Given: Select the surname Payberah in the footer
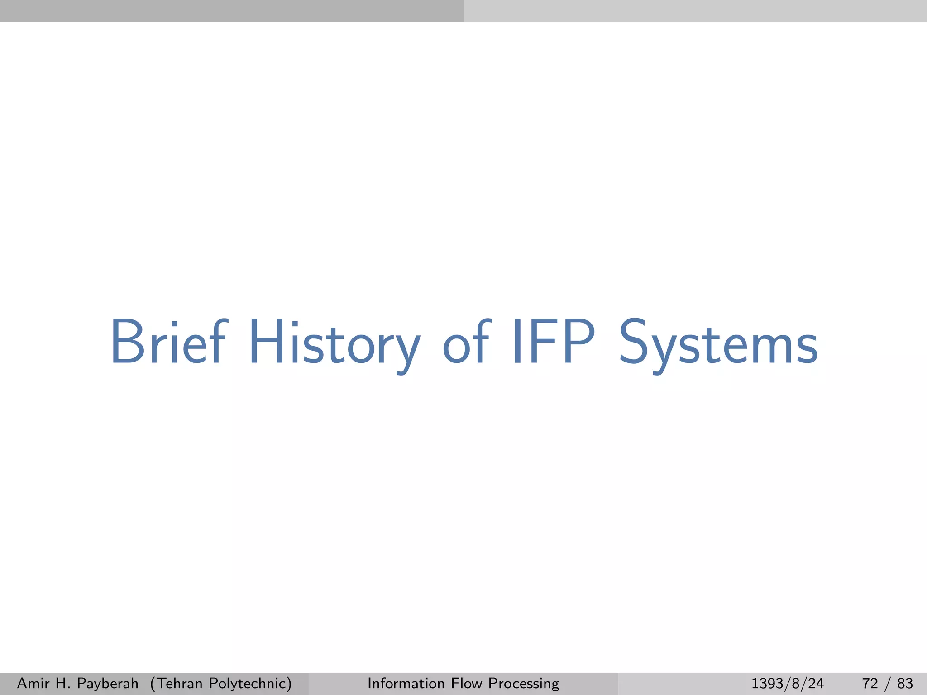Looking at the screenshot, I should click(x=107, y=684).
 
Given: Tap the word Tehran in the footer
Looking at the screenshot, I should click(x=178, y=683).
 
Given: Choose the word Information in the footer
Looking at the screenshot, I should click(x=406, y=683).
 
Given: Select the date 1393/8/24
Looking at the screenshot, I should click(x=787, y=683).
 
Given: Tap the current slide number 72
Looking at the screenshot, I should click(x=870, y=683).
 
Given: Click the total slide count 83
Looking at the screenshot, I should click(x=905, y=683).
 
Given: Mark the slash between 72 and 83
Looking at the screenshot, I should click(x=888, y=683).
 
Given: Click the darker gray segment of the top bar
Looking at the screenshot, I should click(x=232, y=11).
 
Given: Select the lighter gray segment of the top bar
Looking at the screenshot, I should click(x=695, y=11).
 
